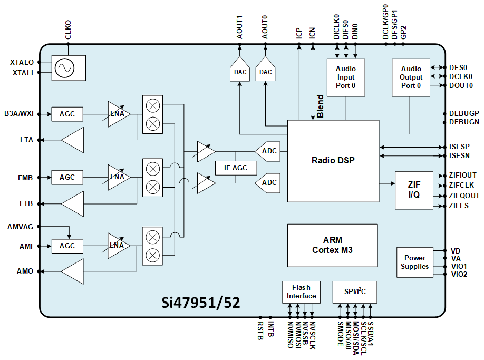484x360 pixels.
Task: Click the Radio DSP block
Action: coord(333,161)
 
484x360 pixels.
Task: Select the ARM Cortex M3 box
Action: coord(332,245)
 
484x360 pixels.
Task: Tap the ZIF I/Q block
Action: coord(414,190)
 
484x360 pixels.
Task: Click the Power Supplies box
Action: coord(414,262)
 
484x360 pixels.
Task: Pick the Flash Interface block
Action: coord(302,291)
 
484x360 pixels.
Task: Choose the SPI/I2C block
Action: coord(355,291)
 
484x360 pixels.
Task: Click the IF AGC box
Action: coord(236,168)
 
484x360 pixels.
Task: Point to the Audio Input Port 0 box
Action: coord(346,77)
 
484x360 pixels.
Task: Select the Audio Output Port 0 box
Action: coord(411,77)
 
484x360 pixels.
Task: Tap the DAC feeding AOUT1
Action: coord(239,71)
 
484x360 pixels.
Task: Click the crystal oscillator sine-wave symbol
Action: coord(64,68)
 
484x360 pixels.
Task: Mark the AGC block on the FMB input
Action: coord(67,178)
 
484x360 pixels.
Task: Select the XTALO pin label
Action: coord(22,62)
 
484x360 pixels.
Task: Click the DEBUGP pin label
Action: coord(464,113)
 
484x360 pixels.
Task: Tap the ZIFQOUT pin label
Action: coord(464,196)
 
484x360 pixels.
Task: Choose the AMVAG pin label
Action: coord(20,227)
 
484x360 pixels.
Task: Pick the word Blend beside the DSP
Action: coord(320,106)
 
